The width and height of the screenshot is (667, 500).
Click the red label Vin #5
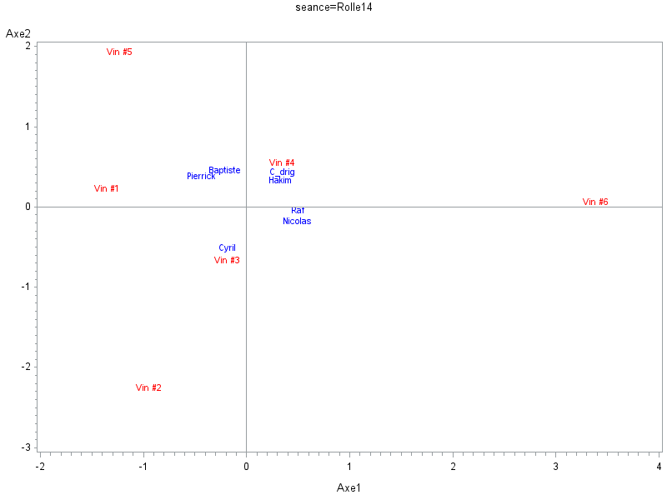click(119, 52)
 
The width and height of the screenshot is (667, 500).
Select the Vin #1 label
click(107, 188)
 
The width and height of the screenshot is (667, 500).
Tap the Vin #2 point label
click(148, 387)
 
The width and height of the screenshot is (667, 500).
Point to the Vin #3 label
click(227, 260)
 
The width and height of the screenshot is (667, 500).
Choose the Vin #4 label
click(282, 162)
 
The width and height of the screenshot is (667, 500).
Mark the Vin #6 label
click(595, 202)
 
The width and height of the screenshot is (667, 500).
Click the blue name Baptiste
click(224, 170)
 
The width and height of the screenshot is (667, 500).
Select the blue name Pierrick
click(201, 176)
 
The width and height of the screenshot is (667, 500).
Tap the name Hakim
click(280, 180)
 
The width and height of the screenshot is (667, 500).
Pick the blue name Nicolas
click(297, 221)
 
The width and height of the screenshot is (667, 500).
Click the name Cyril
click(227, 247)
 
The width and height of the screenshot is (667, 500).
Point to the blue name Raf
click(298, 210)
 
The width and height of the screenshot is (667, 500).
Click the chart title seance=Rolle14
click(333, 7)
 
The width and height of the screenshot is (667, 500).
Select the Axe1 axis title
click(349, 487)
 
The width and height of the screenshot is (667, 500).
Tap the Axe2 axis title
click(18, 33)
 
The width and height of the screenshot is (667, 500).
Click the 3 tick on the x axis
click(556, 465)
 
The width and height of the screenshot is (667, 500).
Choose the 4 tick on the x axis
click(659, 465)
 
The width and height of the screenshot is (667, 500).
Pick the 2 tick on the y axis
click(28, 47)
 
